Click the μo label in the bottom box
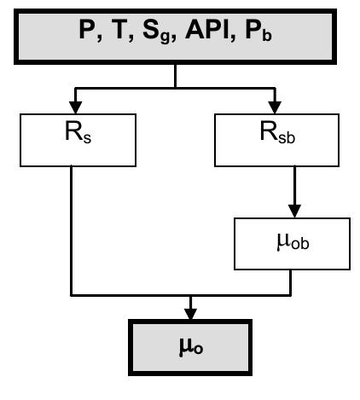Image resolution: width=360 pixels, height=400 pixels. tap(179, 351)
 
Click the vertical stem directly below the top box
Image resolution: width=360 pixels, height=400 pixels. tap(175, 75)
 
